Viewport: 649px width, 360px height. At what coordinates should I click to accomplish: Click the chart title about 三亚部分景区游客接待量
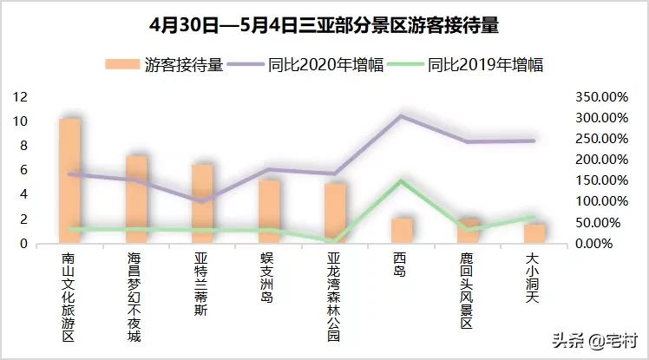pos(324,23)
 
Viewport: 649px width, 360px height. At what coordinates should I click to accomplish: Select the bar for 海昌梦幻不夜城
pos(137,200)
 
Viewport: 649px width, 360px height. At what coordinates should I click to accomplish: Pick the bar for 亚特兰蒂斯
pos(203,204)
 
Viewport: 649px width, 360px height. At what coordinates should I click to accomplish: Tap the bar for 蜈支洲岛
pos(270,211)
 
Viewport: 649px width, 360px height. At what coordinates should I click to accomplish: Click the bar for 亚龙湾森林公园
pos(336,213)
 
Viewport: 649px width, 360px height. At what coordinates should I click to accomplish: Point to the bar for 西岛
pos(402,231)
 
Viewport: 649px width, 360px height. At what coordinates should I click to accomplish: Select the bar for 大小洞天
pos(534,233)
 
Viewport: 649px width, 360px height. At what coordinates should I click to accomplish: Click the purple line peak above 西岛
pos(401,115)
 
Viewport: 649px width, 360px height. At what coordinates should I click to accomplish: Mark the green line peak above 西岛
pos(401,180)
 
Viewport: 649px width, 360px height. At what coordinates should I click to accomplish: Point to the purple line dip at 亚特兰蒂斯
pos(203,201)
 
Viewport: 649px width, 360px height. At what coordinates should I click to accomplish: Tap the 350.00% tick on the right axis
pos(601,96)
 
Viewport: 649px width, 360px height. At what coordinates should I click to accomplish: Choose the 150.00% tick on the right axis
pos(601,180)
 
